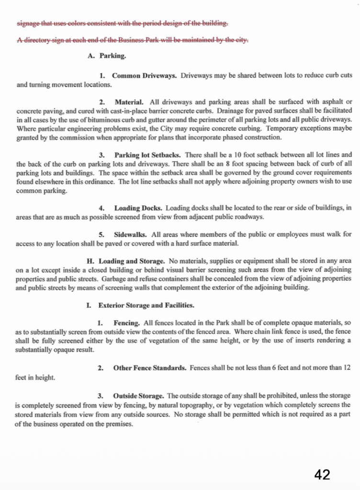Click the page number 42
[322, 474]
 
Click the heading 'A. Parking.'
[107, 56]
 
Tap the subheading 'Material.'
[129, 102]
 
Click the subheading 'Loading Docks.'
[138, 208]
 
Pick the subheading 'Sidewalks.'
[131, 234]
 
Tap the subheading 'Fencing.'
[126, 323]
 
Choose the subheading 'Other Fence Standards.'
[149, 367]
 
